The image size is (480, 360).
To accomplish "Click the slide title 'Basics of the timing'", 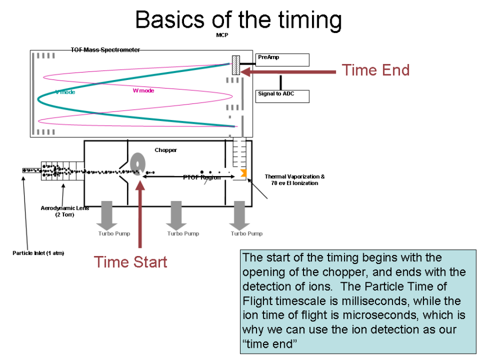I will click(238, 20).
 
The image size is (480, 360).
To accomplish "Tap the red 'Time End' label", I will click(375, 70).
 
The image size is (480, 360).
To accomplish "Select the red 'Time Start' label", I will click(131, 262).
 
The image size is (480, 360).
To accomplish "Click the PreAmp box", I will click(282, 59).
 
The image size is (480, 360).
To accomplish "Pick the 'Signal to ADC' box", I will click(282, 96).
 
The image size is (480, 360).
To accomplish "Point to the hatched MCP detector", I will click(236, 65).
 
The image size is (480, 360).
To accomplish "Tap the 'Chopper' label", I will click(165, 150).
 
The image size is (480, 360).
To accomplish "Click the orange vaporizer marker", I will click(243, 173).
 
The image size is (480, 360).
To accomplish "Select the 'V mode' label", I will click(65, 92).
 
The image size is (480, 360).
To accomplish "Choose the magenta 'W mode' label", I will click(143, 91).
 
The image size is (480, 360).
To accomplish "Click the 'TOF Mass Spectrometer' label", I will click(105, 50).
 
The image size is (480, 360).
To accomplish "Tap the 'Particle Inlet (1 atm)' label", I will click(38, 253).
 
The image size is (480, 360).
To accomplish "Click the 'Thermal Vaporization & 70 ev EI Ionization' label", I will click(294, 180).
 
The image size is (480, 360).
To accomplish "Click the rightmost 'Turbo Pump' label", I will click(246, 234).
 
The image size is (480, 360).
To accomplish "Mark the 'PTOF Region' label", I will click(202, 178).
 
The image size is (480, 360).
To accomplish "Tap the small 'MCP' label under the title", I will click(222, 35).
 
